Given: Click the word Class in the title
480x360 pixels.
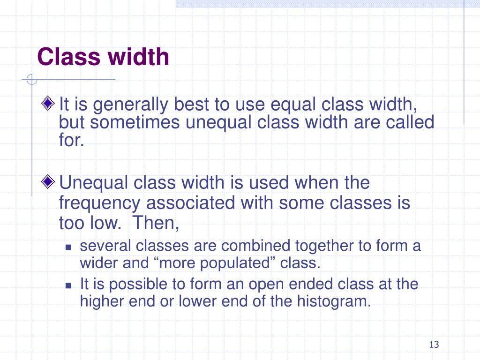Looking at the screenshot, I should point(69,57).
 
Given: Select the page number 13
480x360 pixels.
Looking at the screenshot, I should point(434,345).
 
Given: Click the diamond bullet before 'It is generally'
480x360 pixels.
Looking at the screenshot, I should point(48,103).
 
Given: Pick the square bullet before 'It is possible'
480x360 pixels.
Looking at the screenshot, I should point(68,285).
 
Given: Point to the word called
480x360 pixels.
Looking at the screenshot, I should point(411,122).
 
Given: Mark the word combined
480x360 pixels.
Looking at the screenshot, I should point(246,246).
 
